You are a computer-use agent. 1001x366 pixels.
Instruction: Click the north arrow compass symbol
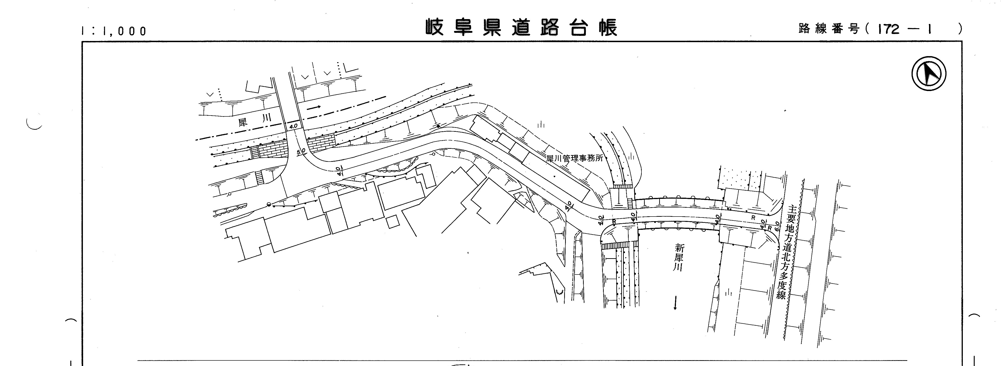pos(929,73)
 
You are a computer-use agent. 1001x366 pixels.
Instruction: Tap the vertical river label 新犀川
pos(679,258)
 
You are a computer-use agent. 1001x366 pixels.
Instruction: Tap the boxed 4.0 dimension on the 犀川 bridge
pos(293,126)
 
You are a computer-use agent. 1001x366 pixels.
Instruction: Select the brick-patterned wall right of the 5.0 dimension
pos(321,142)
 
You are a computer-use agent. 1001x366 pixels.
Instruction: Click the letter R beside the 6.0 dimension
pos(769,228)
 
